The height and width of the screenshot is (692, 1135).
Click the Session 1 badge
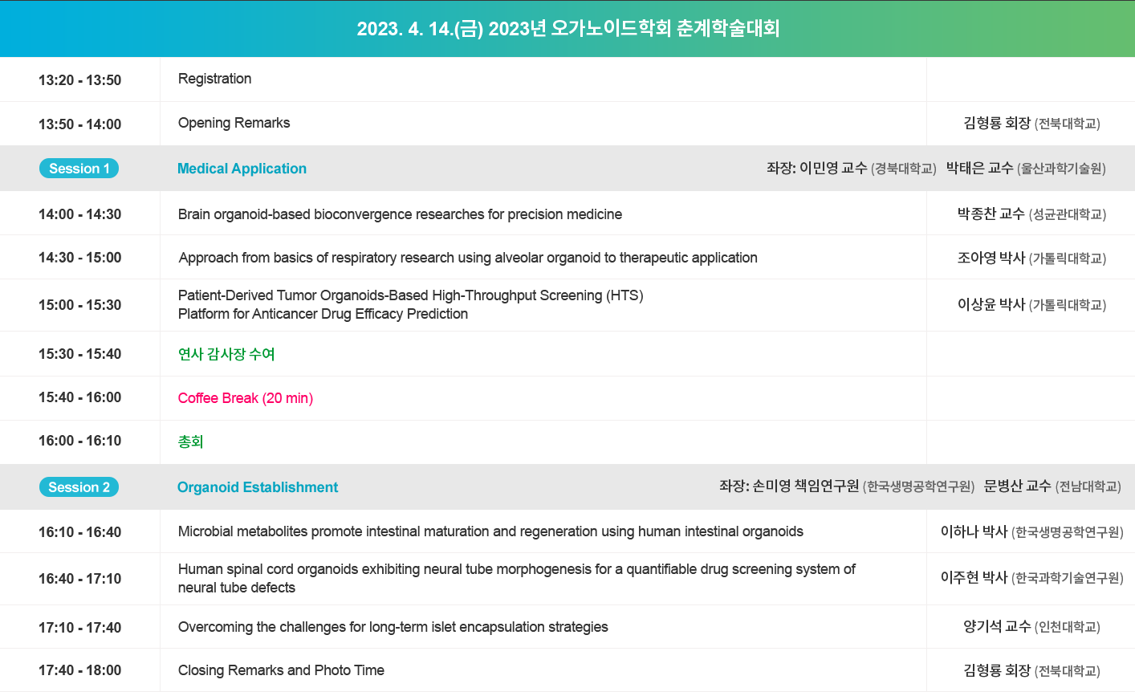tap(79, 169)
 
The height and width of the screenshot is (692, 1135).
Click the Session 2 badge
tap(79, 487)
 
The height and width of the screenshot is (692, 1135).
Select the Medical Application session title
tap(242, 169)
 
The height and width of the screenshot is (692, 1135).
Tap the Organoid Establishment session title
tap(258, 487)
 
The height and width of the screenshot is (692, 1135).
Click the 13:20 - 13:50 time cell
tap(80, 80)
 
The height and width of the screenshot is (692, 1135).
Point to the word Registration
tap(215, 79)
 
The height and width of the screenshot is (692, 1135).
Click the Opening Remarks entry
tap(234, 123)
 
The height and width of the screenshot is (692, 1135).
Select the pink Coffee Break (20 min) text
tap(246, 398)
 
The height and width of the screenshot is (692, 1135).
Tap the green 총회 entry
tap(190, 442)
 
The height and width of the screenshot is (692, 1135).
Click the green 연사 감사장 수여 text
tap(226, 354)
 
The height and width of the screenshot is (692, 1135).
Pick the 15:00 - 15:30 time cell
tap(80, 305)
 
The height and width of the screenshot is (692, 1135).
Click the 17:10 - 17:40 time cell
tap(80, 628)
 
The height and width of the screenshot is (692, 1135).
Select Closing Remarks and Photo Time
tap(281, 670)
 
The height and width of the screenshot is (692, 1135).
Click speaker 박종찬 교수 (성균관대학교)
tap(1031, 214)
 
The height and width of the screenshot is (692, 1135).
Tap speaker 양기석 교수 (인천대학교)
tap(1031, 627)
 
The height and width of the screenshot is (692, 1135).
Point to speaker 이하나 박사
tap(974, 532)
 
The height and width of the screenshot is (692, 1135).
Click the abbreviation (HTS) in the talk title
tap(624, 295)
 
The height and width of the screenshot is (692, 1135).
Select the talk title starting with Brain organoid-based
tap(400, 214)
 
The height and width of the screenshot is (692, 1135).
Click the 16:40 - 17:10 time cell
tap(80, 579)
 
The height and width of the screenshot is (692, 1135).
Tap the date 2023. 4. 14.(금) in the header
tap(420, 29)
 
